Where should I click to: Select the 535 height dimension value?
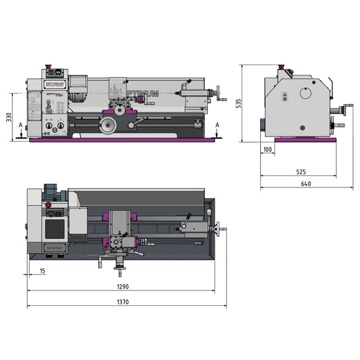click(238, 103)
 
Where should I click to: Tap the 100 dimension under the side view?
click(268, 150)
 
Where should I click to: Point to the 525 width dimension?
click(300, 171)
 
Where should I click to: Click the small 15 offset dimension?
click(42, 271)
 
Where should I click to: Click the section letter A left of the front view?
click(20, 125)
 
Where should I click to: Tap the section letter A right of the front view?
click(217, 125)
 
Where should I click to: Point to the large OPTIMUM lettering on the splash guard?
click(143, 94)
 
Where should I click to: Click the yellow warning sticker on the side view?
click(285, 96)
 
